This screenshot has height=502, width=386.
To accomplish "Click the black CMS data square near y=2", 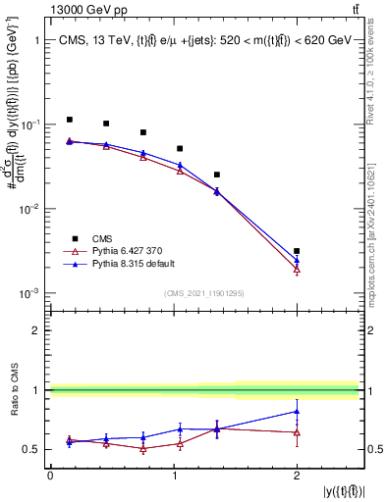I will pyautogui.click(x=297, y=251).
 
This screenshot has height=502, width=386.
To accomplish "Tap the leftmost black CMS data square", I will pyautogui.click(x=69, y=120).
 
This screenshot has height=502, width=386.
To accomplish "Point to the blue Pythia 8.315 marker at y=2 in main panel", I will pyautogui.click(x=297, y=260).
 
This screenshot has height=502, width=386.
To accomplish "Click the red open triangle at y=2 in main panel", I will pyautogui.click(x=297, y=269).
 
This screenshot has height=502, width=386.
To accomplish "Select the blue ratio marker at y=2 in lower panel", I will pyautogui.click(x=297, y=411).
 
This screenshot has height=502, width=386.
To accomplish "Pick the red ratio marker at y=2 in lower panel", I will pyautogui.click(x=297, y=431).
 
